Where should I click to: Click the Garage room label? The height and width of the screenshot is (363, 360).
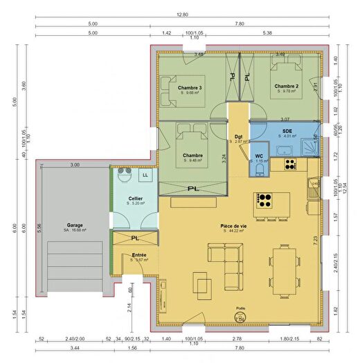pos(75,225)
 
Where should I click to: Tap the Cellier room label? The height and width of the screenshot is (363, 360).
pos(135,198)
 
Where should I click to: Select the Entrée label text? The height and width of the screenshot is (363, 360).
pos(138,254)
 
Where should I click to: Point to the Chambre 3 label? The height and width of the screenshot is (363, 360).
pos(190,88)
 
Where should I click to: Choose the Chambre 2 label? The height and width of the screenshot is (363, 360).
pos(286,86)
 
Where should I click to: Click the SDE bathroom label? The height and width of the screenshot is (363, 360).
pos(287,130)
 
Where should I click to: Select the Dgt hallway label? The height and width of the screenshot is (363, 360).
pos(237,136)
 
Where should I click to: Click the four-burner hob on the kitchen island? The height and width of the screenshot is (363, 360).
pos(264,201)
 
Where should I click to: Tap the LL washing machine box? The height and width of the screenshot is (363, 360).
pos(145,176)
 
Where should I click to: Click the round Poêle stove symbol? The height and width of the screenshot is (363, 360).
pos(241,315)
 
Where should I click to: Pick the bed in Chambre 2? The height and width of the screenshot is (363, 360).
pos(285,72)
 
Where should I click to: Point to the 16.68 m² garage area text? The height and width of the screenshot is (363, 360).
pos(75,231)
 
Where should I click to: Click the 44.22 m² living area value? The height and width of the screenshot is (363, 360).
pos(235,231)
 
